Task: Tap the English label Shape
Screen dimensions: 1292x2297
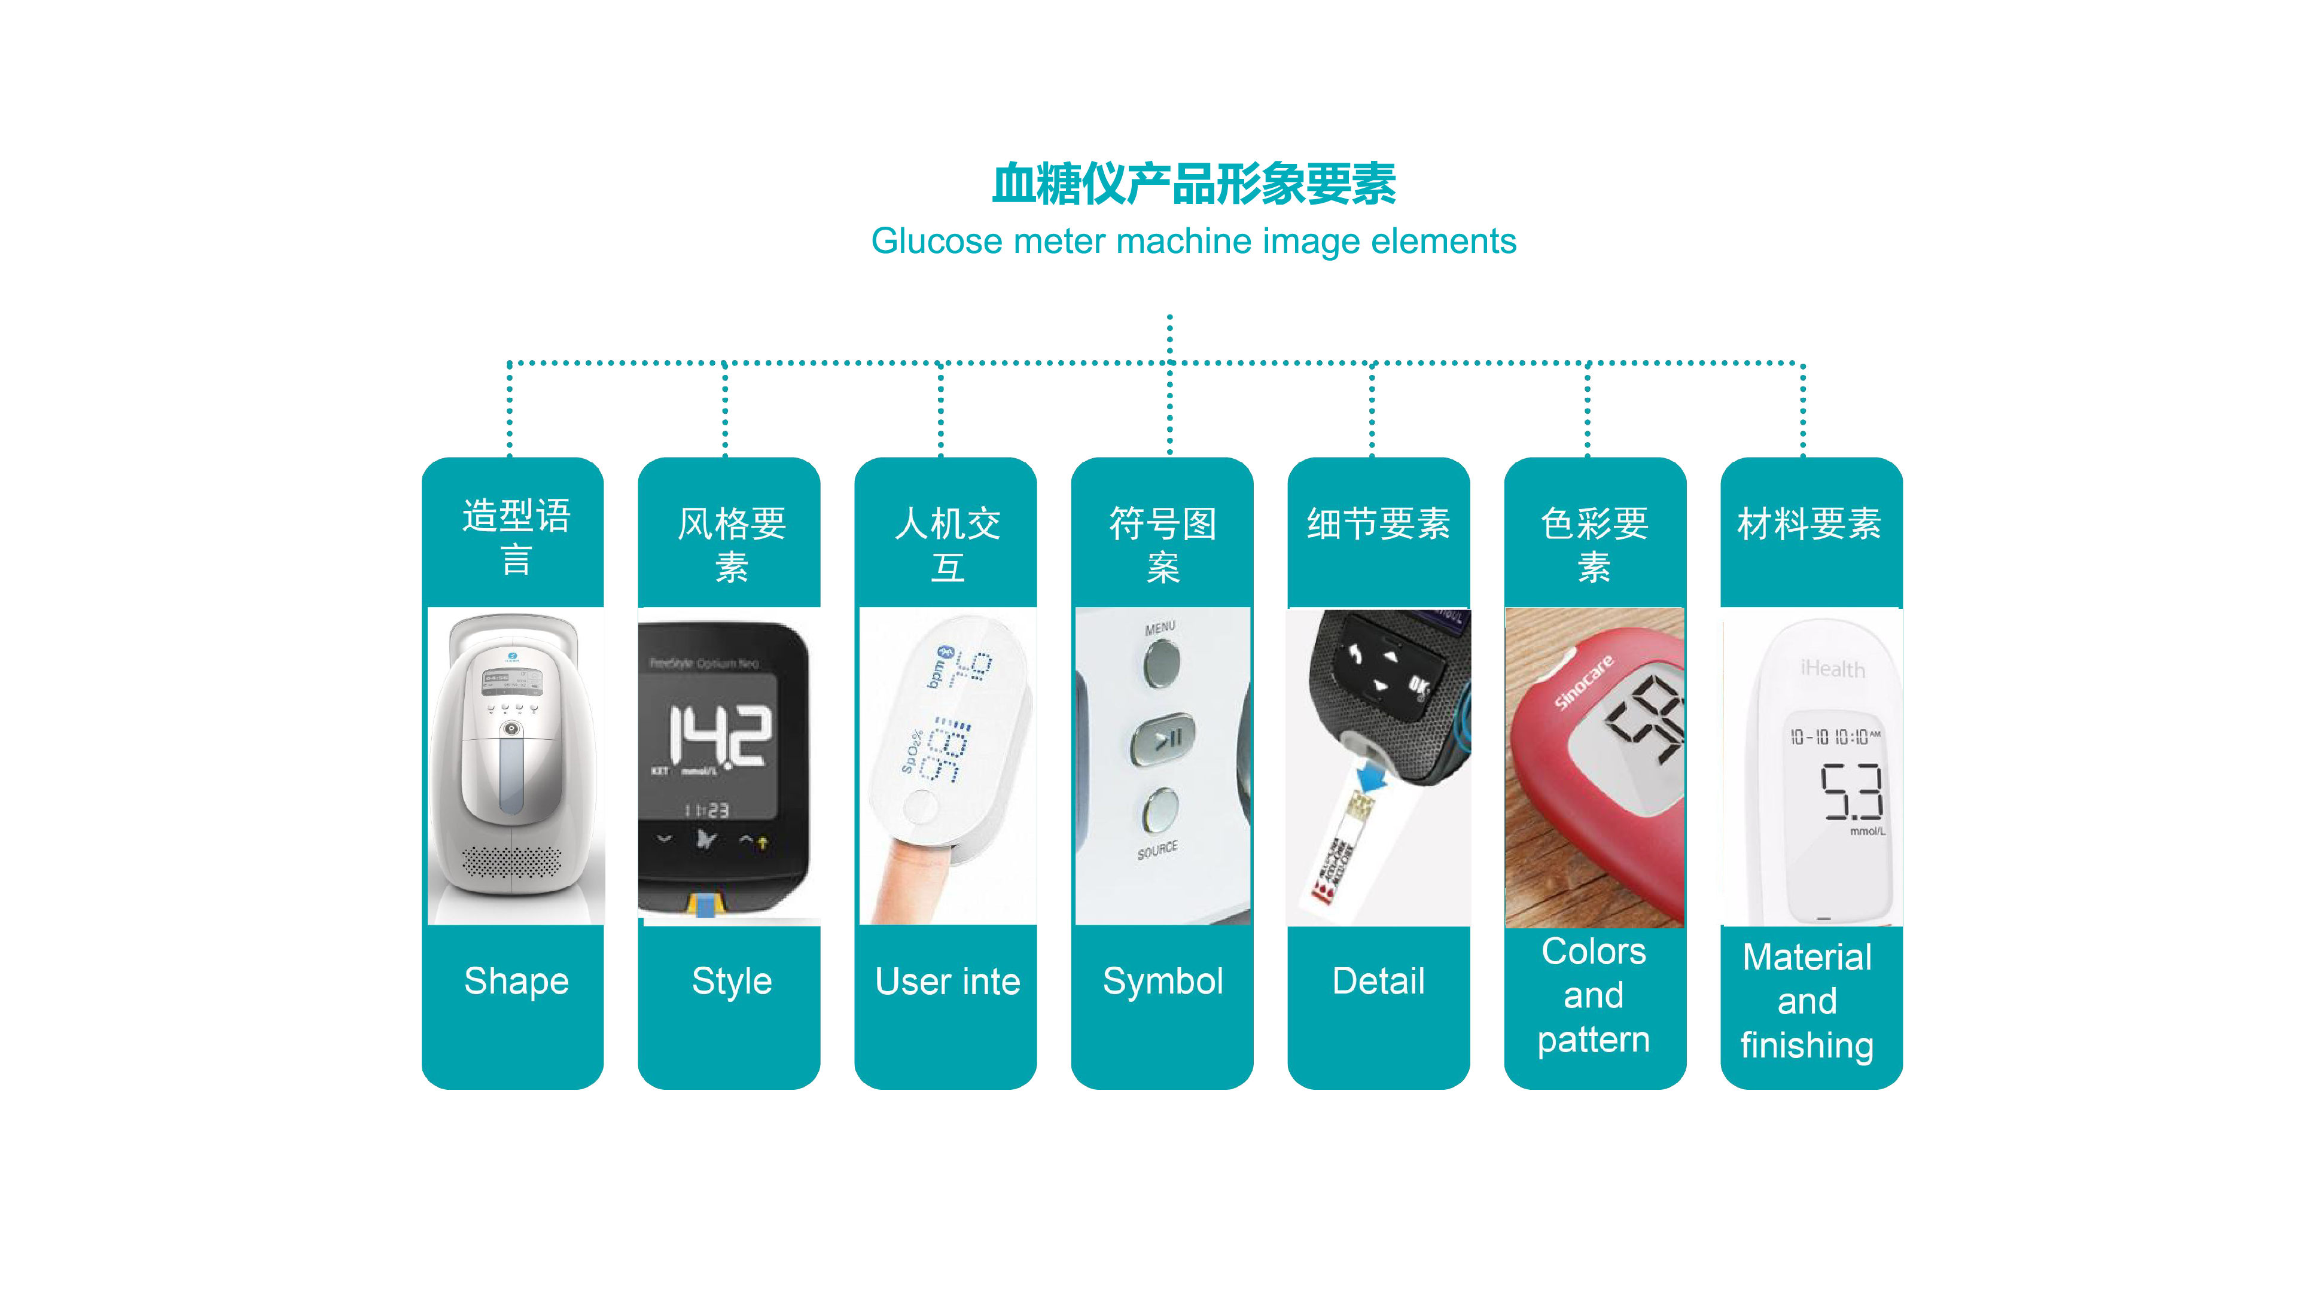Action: click(x=516, y=981)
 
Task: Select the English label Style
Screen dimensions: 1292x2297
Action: click(x=731, y=981)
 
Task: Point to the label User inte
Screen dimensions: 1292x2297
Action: click(x=947, y=982)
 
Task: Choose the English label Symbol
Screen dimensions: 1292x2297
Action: click(x=1163, y=981)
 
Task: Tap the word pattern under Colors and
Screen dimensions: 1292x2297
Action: click(x=1594, y=1040)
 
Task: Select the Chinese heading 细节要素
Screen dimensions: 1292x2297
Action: click(x=1379, y=523)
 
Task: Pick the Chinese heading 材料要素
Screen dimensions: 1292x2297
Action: click(x=1809, y=523)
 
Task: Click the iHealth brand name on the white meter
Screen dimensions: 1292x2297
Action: click(x=1832, y=669)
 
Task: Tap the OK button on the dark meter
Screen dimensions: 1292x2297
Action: click(x=1418, y=687)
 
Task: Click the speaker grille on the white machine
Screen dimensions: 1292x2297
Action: click(x=512, y=862)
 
